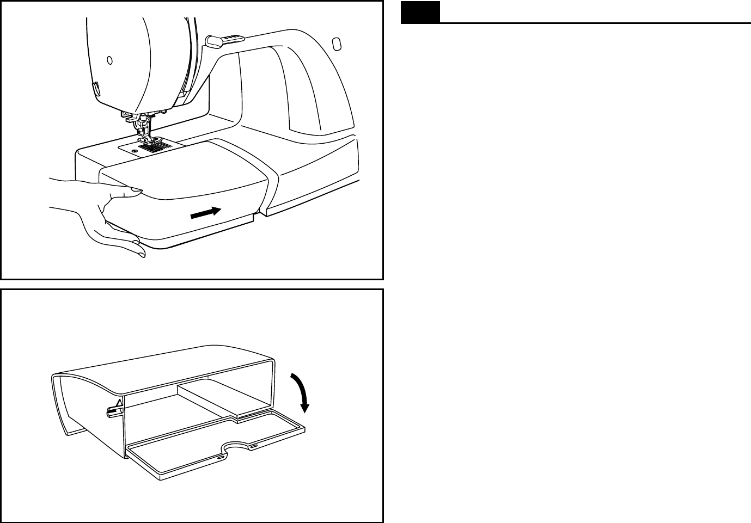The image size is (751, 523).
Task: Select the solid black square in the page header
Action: tap(420, 13)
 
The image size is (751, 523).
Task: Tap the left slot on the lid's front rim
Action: tap(219, 458)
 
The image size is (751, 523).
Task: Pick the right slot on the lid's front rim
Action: tap(254, 446)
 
